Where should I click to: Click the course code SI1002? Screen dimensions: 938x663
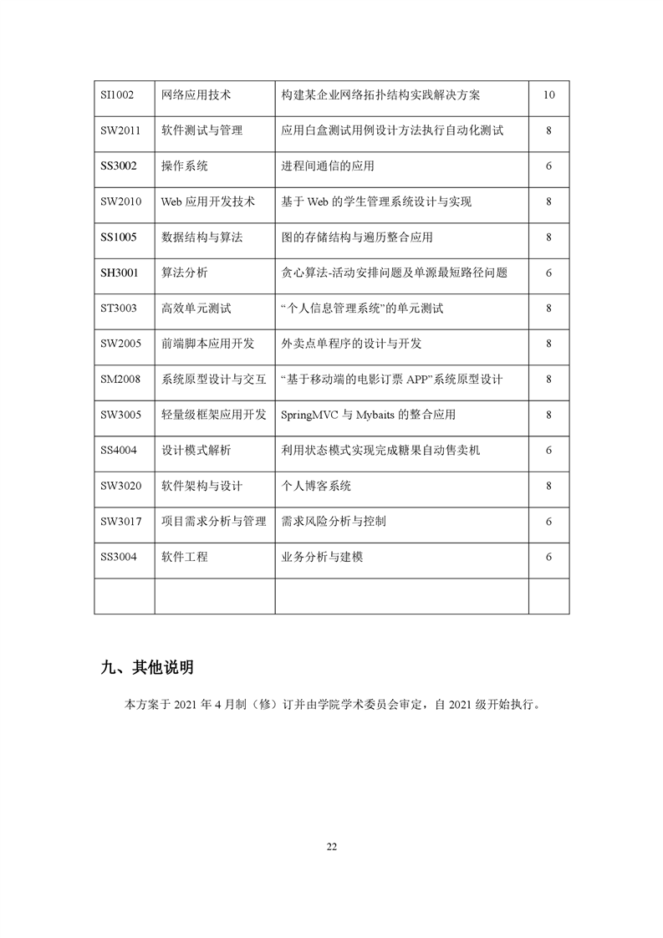[118, 95]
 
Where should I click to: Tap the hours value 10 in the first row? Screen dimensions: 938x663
[548, 95]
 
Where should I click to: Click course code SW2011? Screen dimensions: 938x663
[120, 130]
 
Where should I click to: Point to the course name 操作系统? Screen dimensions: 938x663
[185, 166]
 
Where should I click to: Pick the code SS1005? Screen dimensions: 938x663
[119, 237]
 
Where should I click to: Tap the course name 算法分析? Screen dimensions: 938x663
[185, 273]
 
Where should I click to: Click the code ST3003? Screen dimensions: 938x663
[119, 308]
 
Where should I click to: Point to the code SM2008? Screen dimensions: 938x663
[120, 380]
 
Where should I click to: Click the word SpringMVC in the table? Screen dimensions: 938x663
[310, 415]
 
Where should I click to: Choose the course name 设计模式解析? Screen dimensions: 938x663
[196, 451]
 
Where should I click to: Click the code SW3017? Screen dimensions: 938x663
[120, 522]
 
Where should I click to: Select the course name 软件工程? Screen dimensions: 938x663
[185, 557]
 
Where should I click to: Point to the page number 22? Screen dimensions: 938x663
[331, 846]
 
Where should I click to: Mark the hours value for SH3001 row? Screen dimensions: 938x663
[548, 273]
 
